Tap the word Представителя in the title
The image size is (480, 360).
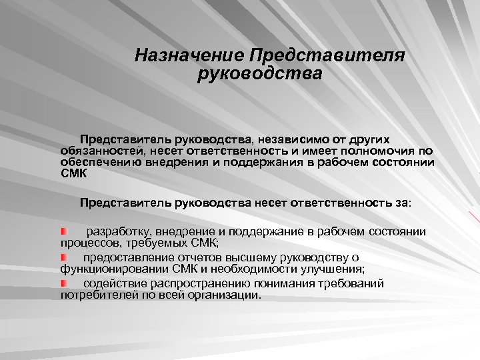[x=327, y=55]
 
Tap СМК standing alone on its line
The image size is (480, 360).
[x=73, y=173]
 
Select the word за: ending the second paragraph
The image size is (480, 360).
[x=405, y=203]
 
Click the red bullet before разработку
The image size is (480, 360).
[x=64, y=231]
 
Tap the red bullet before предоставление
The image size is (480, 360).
[x=64, y=257]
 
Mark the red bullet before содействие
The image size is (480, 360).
[x=64, y=283]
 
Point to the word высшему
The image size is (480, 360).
[x=257, y=257]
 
